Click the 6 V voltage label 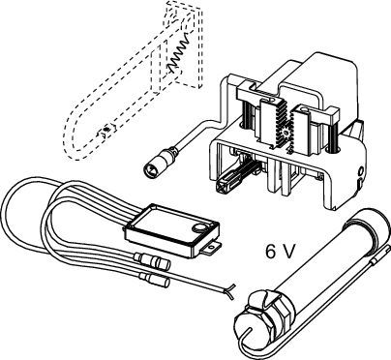(x=280, y=251)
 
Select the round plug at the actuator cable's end (x=151, y=168)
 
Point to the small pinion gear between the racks (x=285, y=133)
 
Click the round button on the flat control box (x=196, y=227)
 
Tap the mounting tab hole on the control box (x=211, y=248)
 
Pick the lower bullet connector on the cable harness (x=154, y=280)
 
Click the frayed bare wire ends (x=230, y=292)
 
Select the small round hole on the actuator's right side (x=360, y=171)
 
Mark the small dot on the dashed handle (x=106, y=131)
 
